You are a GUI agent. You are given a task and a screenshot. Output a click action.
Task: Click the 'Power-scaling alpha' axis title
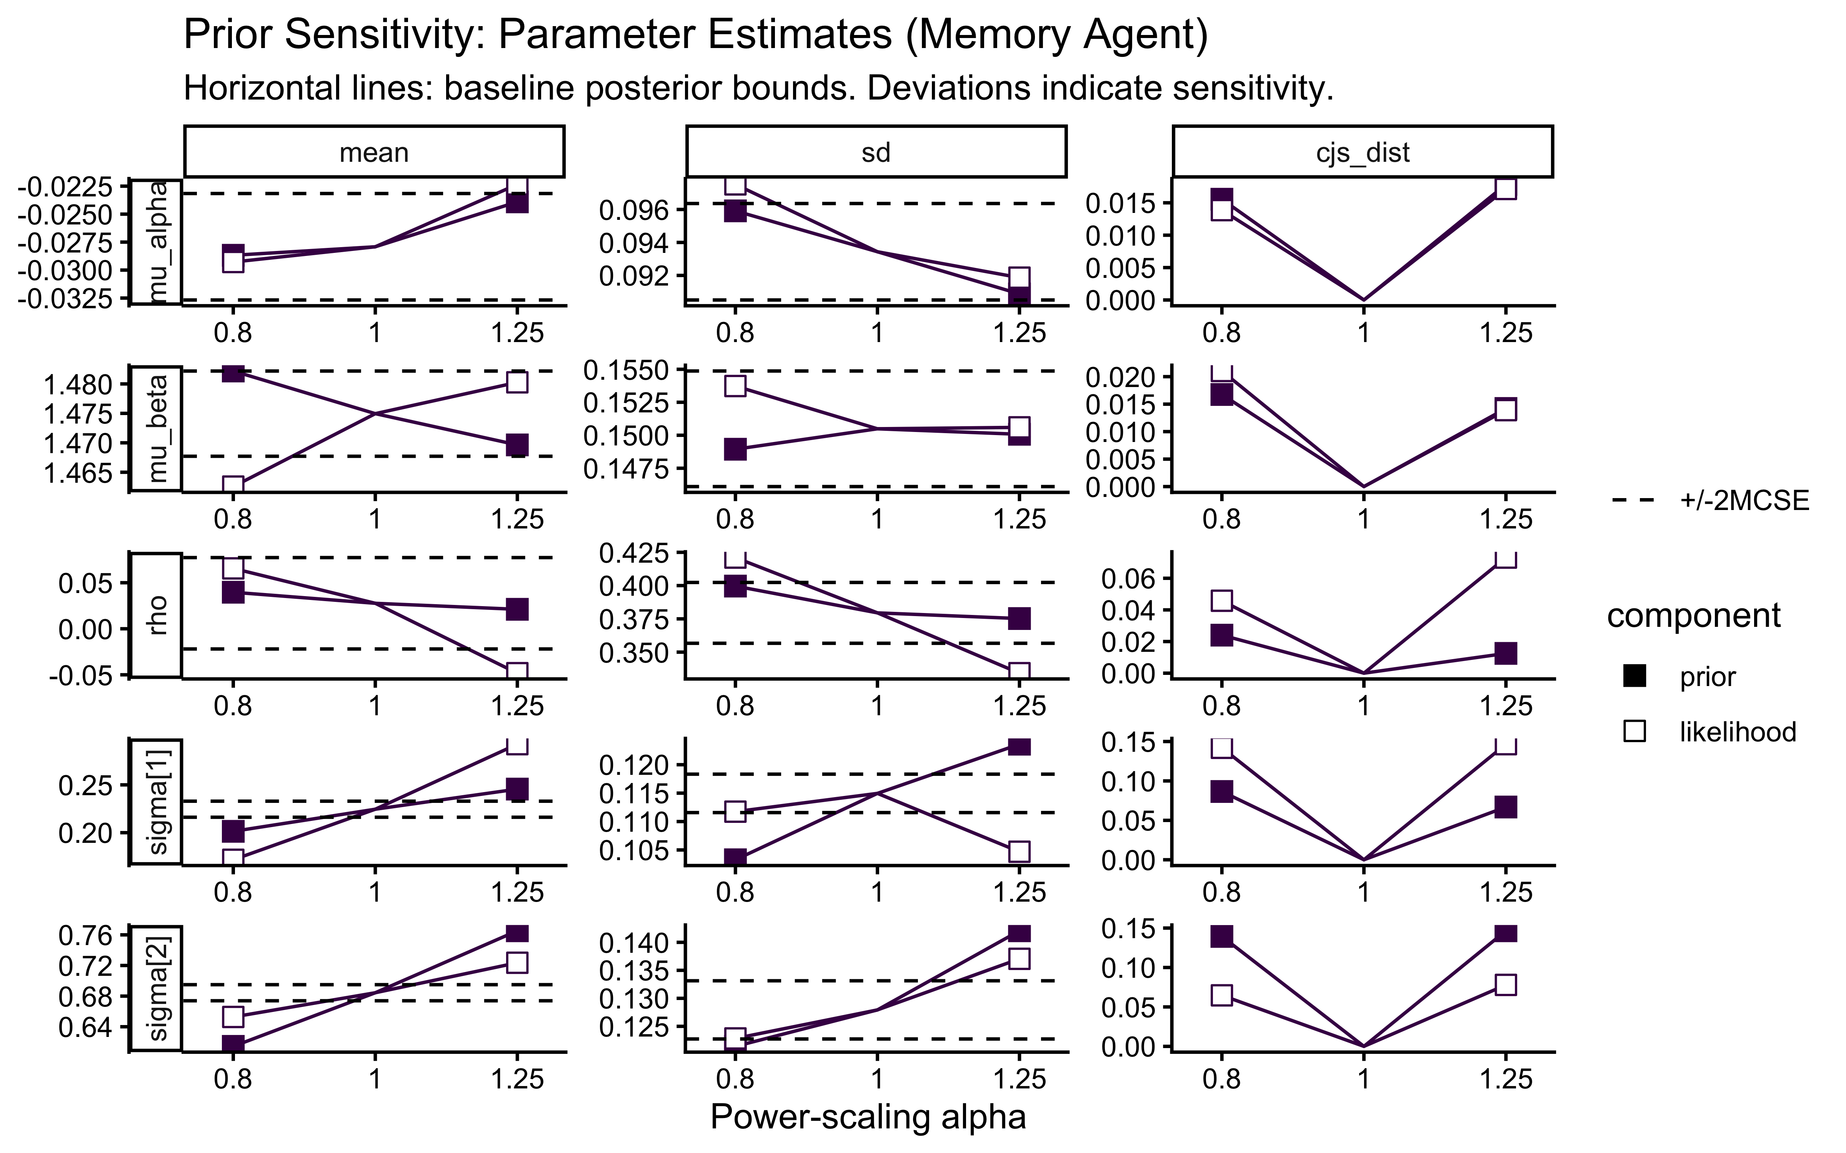point(868,1116)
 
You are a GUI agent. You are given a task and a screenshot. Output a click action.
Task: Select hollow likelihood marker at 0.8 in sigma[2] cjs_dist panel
point(1221,995)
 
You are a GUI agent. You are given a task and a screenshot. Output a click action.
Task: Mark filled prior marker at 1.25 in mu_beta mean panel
point(517,445)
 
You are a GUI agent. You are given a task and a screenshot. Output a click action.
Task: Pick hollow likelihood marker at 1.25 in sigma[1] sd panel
point(1019,851)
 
